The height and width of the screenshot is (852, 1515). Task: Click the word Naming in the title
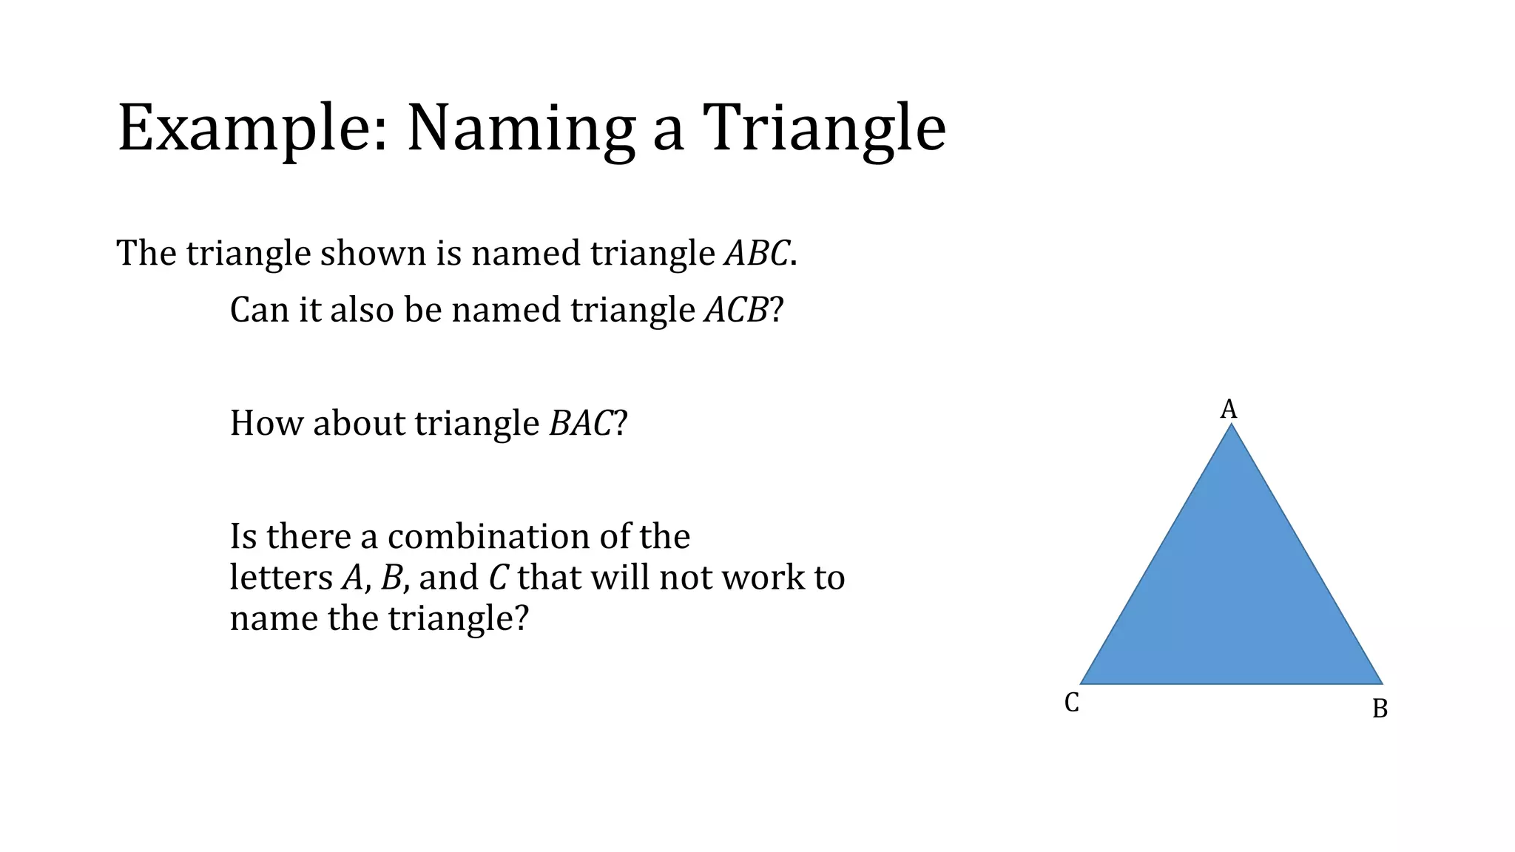(521, 129)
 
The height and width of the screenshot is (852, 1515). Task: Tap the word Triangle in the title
(823, 129)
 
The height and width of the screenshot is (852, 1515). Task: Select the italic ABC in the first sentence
(757, 253)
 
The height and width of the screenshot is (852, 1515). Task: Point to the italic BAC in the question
(581, 423)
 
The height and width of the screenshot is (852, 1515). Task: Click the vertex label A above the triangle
(1228, 409)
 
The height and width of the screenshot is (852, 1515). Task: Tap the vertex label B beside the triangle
(1380, 709)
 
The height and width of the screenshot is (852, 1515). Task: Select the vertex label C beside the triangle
(1071, 703)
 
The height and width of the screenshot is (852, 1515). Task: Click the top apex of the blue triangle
(1231, 427)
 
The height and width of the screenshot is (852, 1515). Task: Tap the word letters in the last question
(281, 578)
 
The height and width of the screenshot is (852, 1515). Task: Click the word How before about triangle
(266, 423)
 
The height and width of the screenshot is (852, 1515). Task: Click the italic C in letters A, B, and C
(498, 578)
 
